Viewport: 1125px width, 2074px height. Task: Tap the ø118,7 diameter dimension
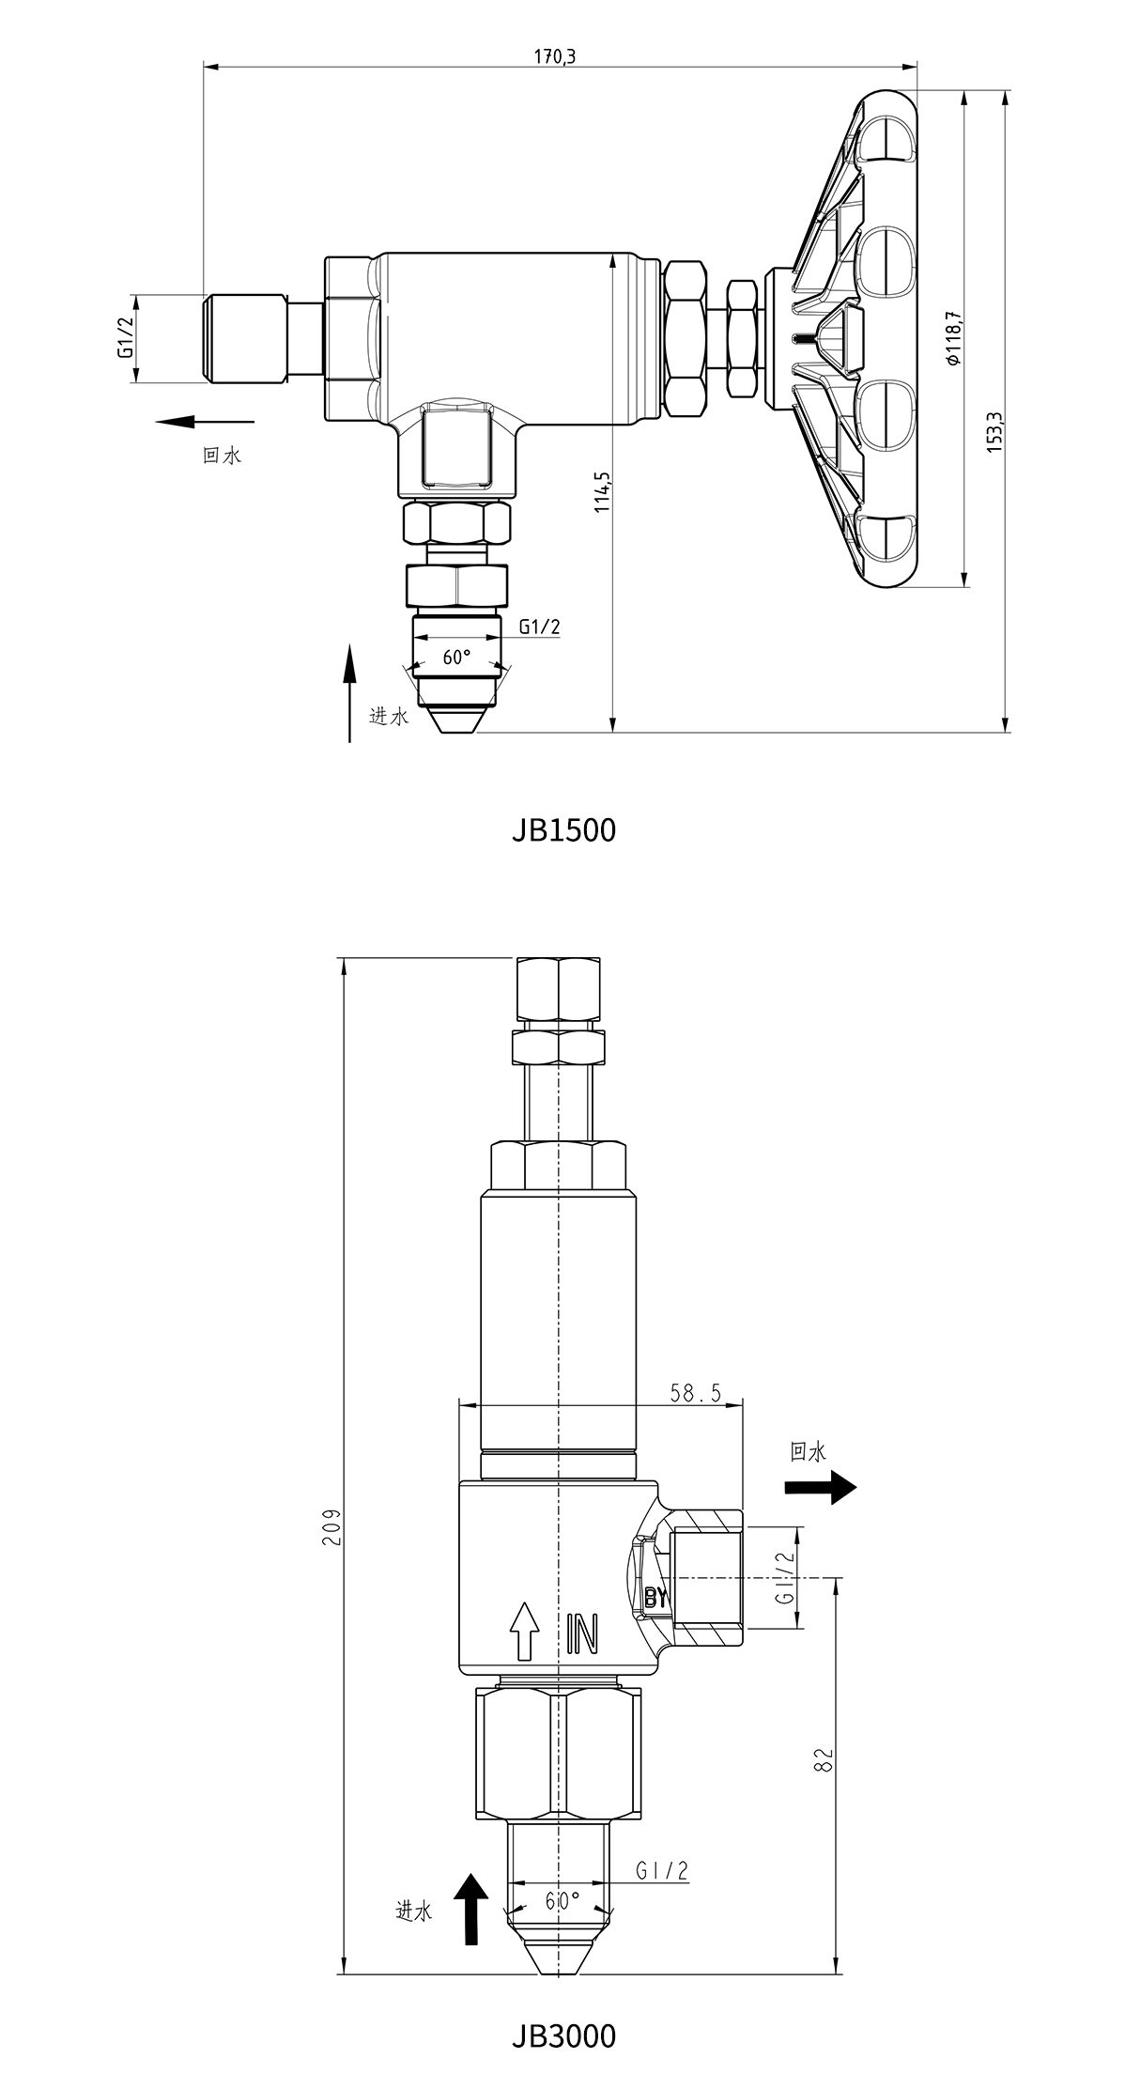click(x=952, y=338)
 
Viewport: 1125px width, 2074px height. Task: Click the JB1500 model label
click(x=563, y=830)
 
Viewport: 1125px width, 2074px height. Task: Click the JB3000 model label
click(x=563, y=2035)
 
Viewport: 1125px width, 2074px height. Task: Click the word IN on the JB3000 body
click(x=582, y=1635)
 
